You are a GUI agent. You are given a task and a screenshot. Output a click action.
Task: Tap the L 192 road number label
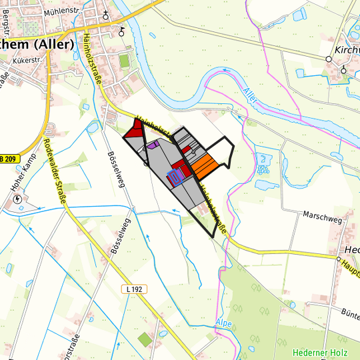135,289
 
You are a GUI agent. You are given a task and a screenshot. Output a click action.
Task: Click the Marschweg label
322,217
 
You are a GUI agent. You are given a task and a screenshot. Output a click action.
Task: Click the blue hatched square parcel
175,176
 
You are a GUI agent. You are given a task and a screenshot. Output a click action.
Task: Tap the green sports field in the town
124,61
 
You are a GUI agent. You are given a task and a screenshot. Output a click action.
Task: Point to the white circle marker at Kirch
328,59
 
